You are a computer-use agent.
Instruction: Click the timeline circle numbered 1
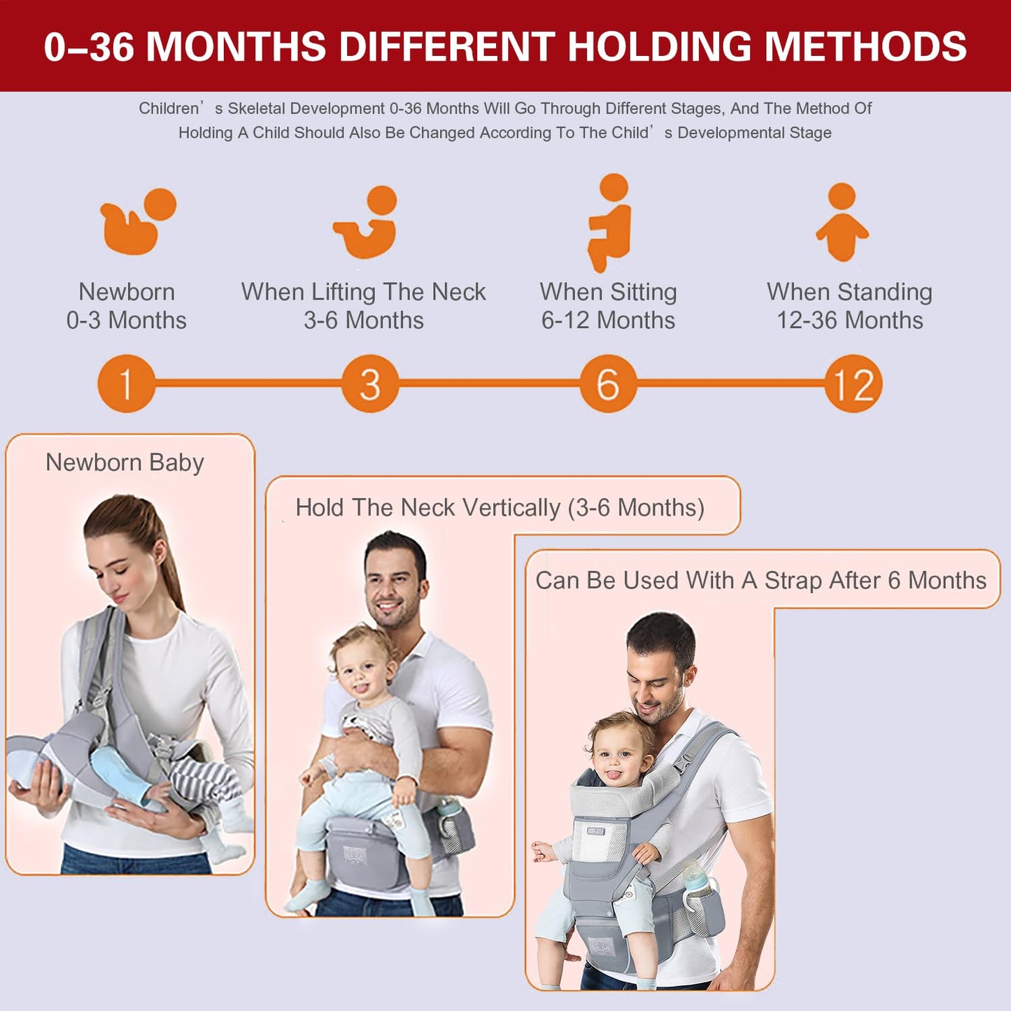pos(126,383)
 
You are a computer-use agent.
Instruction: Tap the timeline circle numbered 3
pos(370,383)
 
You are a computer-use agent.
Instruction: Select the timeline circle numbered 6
pos(608,383)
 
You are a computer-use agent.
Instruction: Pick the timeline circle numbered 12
pos(853,383)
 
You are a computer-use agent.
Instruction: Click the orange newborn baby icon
pos(138,222)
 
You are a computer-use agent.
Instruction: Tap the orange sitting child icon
pos(610,222)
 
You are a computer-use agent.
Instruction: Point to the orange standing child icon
pos(842,222)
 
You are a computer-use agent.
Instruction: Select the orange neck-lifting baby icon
pos(367,222)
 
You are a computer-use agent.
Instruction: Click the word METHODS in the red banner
pos(865,47)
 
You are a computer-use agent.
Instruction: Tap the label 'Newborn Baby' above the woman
pos(125,462)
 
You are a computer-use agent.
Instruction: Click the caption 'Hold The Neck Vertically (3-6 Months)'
pos(500,507)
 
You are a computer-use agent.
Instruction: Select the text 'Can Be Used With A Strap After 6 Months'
pos(761,580)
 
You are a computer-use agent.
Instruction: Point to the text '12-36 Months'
pos(849,320)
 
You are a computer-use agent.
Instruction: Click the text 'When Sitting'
pos(608,292)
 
